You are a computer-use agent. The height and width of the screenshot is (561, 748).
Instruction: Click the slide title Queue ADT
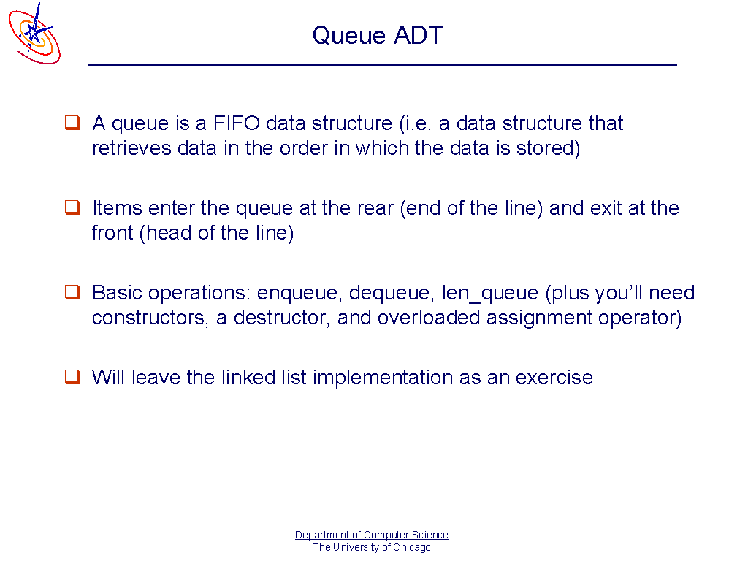(378, 35)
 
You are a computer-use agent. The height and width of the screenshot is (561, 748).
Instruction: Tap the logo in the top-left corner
(34, 34)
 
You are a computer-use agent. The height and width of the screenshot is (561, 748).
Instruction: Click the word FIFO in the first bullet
(236, 123)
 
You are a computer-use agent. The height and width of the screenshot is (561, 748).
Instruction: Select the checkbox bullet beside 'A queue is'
(72, 123)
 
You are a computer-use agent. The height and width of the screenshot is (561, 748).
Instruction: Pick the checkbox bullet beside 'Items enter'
(72, 207)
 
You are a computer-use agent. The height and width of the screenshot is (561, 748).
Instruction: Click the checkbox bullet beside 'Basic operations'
(72, 292)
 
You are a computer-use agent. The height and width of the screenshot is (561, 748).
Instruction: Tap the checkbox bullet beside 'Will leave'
(72, 377)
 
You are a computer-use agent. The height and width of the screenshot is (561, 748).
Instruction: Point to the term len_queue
(490, 294)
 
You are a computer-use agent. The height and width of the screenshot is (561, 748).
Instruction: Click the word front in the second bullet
(112, 233)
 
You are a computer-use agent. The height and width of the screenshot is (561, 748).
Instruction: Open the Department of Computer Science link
(372, 535)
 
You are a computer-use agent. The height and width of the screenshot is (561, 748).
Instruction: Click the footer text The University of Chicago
(372, 547)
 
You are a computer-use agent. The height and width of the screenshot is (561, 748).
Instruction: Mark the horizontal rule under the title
(383, 65)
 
